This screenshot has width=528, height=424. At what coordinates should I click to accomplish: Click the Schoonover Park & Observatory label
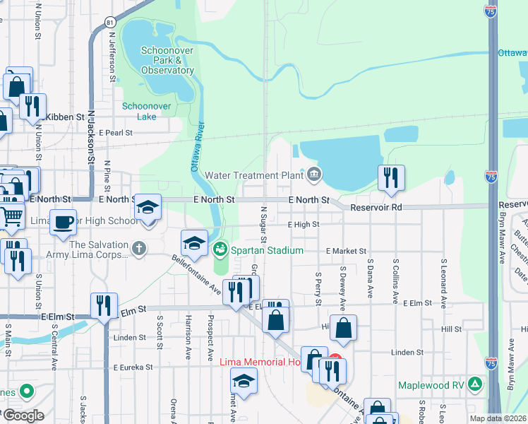(167, 60)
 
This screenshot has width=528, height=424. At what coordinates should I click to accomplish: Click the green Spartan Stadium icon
(220, 249)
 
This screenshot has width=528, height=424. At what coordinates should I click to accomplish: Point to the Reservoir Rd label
(378, 208)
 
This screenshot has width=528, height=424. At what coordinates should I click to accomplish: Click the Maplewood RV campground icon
(476, 385)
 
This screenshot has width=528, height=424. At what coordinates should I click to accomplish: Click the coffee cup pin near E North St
(63, 221)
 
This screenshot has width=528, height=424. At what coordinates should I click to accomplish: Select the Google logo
(23, 416)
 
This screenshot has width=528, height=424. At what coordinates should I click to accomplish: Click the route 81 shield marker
(109, 23)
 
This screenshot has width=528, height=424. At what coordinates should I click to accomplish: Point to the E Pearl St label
(116, 132)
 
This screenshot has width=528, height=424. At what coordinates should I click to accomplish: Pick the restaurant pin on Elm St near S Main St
(104, 305)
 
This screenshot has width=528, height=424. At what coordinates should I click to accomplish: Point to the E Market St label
(346, 251)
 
